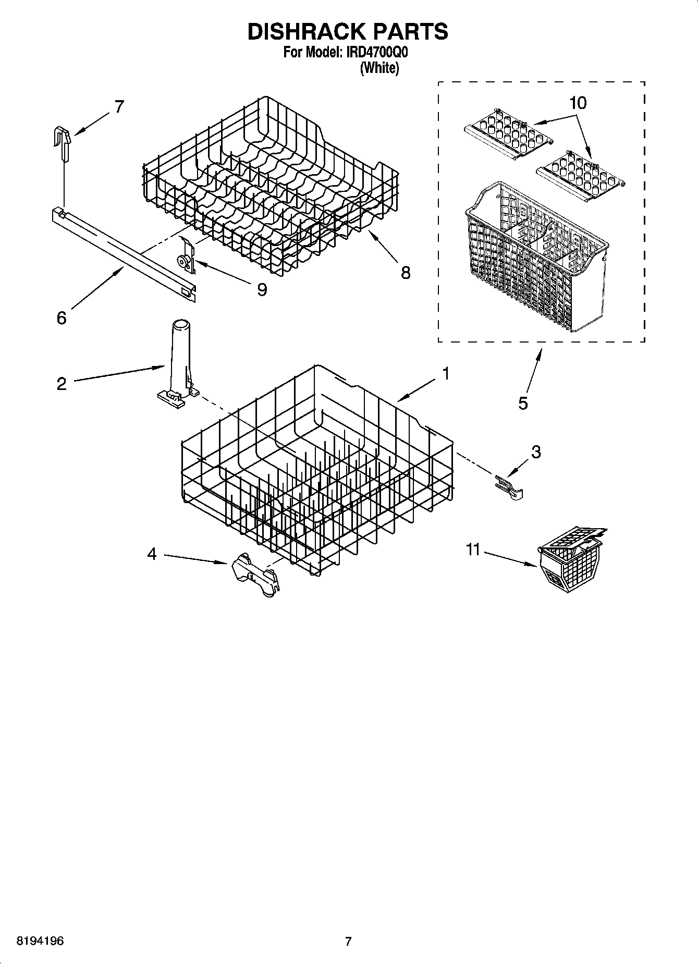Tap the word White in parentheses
pyautogui.click(x=379, y=68)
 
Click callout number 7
pyautogui.click(x=119, y=107)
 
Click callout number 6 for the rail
pyautogui.click(x=62, y=318)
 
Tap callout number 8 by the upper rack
pyautogui.click(x=405, y=272)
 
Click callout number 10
pyautogui.click(x=578, y=103)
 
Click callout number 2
pyautogui.click(x=62, y=384)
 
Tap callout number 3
pyautogui.click(x=535, y=452)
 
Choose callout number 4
pyautogui.click(x=151, y=554)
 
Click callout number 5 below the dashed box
pyautogui.click(x=523, y=402)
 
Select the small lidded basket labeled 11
pyautogui.click(x=569, y=565)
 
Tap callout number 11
pyautogui.click(x=472, y=550)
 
